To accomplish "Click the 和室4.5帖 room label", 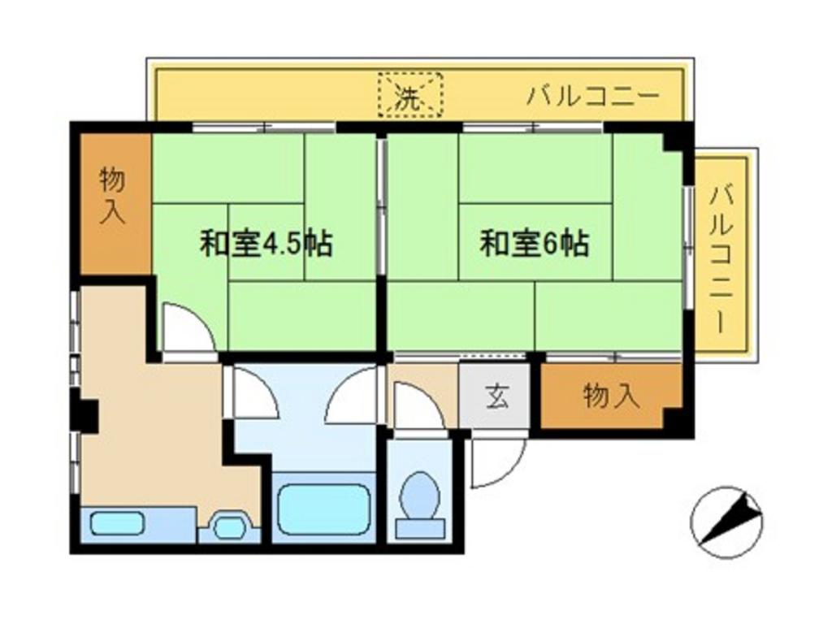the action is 266,244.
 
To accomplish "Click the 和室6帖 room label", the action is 535,244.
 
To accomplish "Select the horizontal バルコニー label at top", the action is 593,97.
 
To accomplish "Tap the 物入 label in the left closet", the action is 112,195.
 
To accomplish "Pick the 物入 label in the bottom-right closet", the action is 611,396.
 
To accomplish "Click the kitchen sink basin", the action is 117,524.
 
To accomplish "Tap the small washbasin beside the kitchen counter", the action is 230,526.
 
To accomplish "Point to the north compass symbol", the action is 726,522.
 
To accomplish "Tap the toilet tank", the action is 420,530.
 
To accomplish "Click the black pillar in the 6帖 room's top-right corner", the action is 673,141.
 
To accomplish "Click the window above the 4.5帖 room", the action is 264,128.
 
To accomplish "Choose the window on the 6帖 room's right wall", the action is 688,247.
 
